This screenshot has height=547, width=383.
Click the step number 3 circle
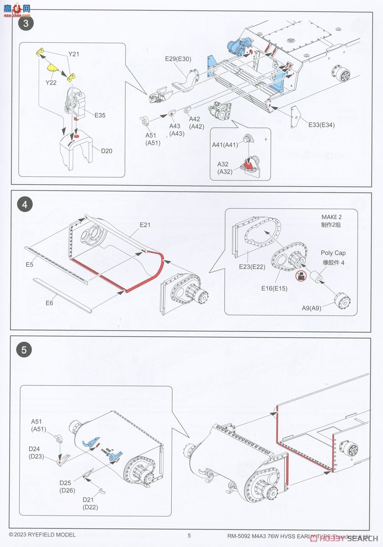pyautogui.click(x=25, y=24)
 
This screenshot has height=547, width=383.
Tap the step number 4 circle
pyautogui.click(x=25, y=204)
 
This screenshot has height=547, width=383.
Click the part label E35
pyautogui.click(x=100, y=115)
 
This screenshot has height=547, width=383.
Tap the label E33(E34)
pyautogui.click(x=321, y=125)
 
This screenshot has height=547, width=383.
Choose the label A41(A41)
pyautogui.click(x=225, y=144)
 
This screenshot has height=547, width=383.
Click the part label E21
pyautogui.click(x=145, y=225)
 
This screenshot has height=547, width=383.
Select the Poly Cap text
pyautogui.click(x=333, y=253)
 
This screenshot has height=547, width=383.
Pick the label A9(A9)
pyautogui.click(x=312, y=308)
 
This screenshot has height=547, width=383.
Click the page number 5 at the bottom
pyautogui.click(x=189, y=536)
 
